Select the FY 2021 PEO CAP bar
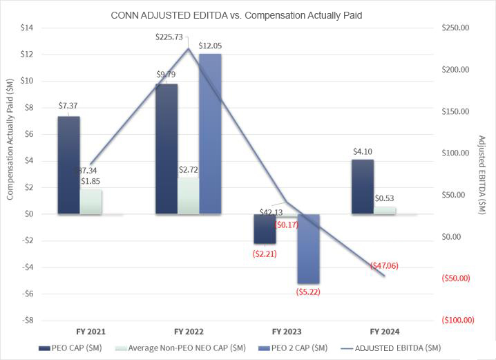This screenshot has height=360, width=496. point(68,165)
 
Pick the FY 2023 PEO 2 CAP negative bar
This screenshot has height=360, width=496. point(309,249)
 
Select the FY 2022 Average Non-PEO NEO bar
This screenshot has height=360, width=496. point(188,196)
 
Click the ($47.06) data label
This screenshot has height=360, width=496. point(384,265)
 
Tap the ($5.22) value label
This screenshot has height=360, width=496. point(308,292)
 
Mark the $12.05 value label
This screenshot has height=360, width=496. point(210,46)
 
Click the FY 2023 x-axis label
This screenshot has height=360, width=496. point(286,332)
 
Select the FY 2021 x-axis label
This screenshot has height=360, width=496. point(90,332)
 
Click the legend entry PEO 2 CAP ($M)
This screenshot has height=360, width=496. point(301,348)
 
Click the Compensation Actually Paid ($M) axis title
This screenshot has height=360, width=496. point(10,149)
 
